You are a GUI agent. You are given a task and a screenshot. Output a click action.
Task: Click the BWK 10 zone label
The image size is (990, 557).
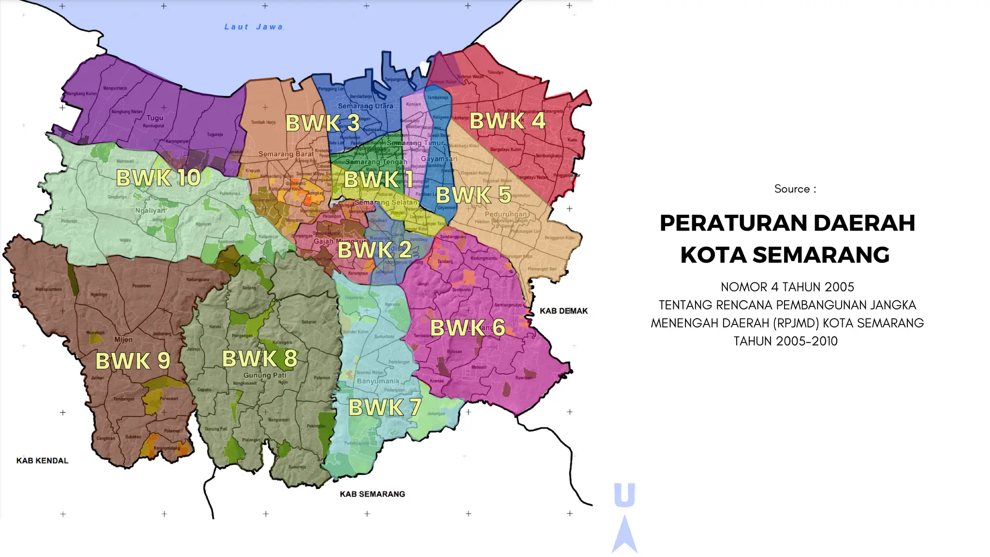[x=158, y=178]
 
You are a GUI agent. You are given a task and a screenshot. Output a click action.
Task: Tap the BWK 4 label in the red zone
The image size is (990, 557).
[x=508, y=121]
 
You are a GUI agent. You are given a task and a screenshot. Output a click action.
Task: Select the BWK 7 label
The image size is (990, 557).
[x=385, y=408]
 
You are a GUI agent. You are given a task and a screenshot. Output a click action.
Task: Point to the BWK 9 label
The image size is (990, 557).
[x=132, y=361]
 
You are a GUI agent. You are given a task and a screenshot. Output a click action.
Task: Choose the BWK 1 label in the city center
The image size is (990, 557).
[x=379, y=180]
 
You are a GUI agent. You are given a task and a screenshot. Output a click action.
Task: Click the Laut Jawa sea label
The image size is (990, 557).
[x=253, y=27]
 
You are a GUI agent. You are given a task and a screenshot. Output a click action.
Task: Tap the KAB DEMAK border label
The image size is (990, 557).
[x=564, y=311]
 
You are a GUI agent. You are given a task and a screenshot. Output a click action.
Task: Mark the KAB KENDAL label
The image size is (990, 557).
[x=43, y=460]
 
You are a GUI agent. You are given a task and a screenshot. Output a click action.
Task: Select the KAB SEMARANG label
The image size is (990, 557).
[x=372, y=494]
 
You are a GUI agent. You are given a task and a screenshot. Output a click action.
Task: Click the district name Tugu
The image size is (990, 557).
[x=155, y=118]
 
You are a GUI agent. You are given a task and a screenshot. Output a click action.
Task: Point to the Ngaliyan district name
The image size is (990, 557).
[x=150, y=211]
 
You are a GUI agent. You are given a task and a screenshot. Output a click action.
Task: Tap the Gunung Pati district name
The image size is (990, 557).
[x=264, y=375]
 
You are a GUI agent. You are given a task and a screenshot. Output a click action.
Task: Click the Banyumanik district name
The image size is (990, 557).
[x=378, y=381]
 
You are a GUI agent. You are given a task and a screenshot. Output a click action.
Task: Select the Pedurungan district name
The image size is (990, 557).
[x=506, y=214]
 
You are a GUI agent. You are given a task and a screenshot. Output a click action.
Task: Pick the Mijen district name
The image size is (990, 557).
[x=123, y=339]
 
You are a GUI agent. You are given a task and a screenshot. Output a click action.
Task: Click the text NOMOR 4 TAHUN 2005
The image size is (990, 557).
[x=787, y=287]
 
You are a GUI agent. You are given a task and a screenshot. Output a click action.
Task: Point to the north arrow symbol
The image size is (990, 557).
[x=625, y=534]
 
